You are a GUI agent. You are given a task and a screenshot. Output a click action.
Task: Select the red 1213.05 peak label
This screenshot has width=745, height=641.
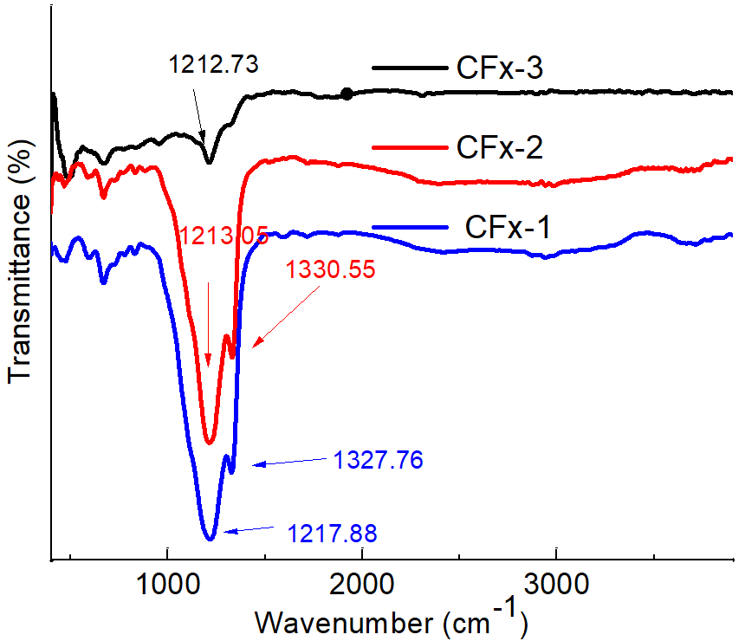click(x=223, y=235)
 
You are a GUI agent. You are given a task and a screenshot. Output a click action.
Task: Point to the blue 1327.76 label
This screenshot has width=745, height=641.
click(x=378, y=460)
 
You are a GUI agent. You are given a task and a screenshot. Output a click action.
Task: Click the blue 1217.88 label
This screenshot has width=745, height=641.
click(x=334, y=530)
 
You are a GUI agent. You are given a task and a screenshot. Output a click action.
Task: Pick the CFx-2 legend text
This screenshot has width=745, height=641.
click(x=500, y=148)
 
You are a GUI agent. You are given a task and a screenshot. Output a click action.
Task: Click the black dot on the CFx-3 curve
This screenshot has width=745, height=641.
click(x=347, y=94)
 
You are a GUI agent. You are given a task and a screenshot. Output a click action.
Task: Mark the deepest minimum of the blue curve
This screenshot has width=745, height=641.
click(x=209, y=539)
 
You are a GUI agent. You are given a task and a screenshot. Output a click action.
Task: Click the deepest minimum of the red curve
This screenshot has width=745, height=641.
click(x=209, y=444)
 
